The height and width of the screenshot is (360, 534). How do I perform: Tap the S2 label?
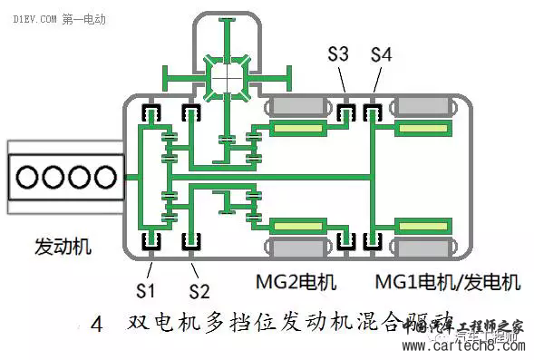point(199,290)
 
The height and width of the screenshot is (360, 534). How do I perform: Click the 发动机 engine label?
point(63,247)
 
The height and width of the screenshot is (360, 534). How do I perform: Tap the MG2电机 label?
point(296,282)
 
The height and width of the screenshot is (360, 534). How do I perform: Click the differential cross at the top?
point(226,79)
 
